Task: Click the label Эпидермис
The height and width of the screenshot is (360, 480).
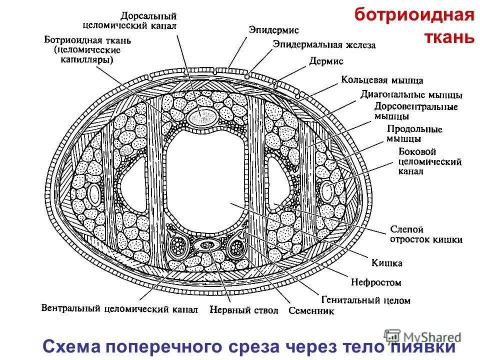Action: pos(273,29)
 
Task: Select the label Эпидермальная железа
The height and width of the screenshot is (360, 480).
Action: pos(323,44)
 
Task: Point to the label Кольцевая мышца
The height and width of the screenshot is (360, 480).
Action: pos(382,80)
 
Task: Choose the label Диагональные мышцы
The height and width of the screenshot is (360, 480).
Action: pos(411,94)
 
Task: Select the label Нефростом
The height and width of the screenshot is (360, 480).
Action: pos(375,282)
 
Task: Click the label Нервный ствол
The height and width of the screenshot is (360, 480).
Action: pos(244,310)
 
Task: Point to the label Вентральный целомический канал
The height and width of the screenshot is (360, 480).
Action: pos(119,308)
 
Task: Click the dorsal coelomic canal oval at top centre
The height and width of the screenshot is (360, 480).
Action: pos(203,117)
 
